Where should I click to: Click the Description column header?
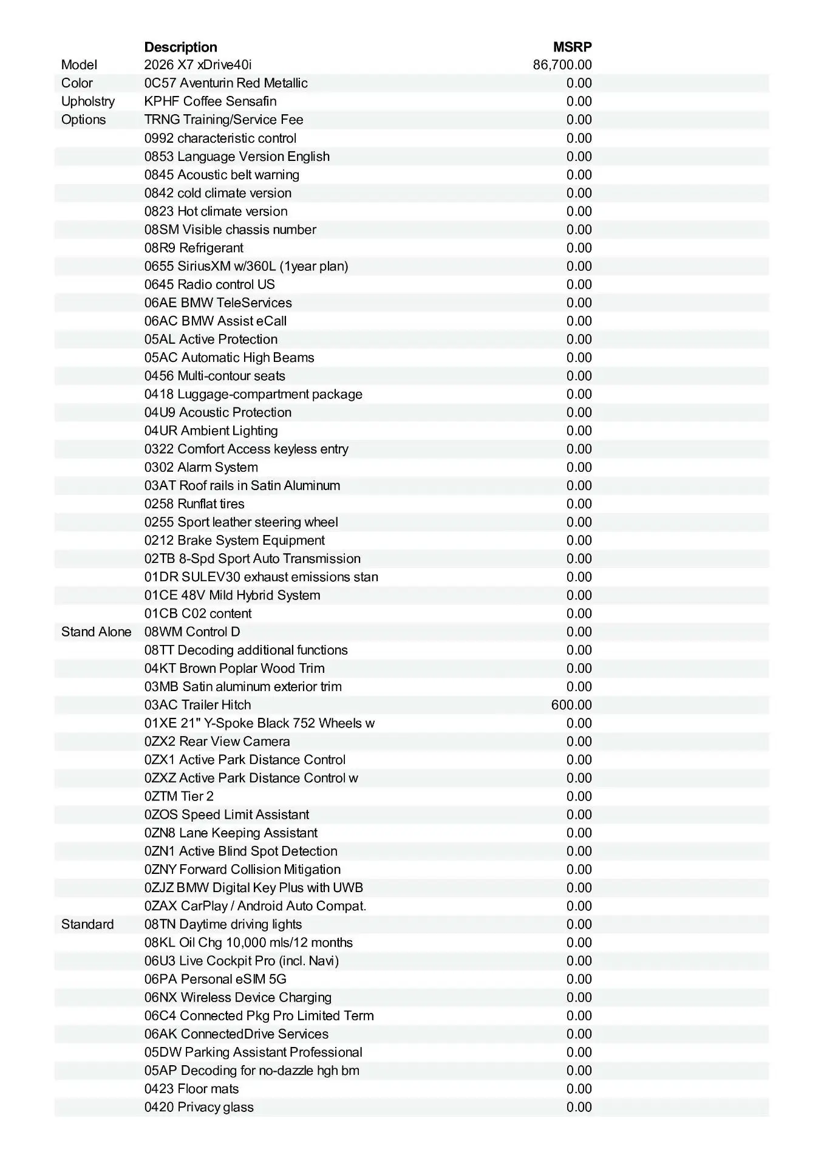[x=180, y=47]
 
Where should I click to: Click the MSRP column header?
[x=572, y=47]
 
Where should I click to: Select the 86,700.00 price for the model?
[x=562, y=65]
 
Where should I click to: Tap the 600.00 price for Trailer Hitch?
[x=571, y=705]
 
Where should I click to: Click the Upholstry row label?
[x=88, y=101]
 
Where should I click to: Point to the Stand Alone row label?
[x=96, y=632]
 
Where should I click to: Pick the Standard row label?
[x=87, y=924]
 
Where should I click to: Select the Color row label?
[x=77, y=83]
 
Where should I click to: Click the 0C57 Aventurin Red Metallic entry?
[x=226, y=83]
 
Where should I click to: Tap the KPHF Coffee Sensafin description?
[x=210, y=101]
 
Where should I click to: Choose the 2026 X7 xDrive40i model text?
[x=198, y=65]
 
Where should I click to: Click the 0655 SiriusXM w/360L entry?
[x=246, y=266]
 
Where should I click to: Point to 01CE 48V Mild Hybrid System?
[x=232, y=595]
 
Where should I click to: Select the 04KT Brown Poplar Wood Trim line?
[x=234, y=669]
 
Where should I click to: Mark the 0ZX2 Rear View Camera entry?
[x=217, y=742]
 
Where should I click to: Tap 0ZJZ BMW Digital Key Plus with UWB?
[x=253, y=888]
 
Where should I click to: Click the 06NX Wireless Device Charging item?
[x=238, y=997]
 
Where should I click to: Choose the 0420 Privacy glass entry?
[x=199, y=1107]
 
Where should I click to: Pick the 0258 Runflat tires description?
[x=194, y=504]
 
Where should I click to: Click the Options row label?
[x=83, y=120]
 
